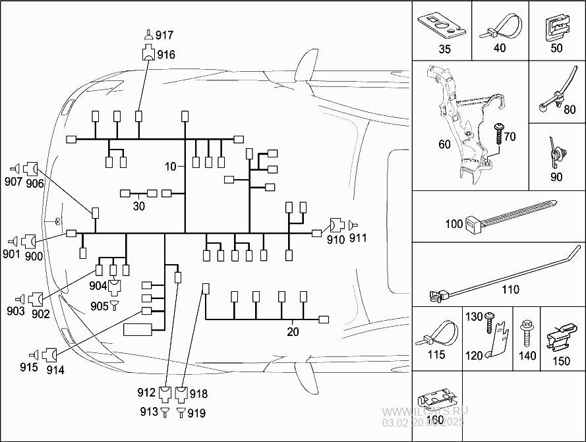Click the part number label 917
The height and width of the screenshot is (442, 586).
click(x=165, y=35)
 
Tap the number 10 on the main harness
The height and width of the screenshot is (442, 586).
click(x=171, y=167)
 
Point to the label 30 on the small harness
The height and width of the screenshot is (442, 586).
click(x=138, y=206)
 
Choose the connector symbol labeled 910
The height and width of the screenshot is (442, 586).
click(x=337, y=227)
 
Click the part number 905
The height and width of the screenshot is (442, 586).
click(x=100, y=306)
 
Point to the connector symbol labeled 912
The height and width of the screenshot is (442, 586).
click(x=164, y=395)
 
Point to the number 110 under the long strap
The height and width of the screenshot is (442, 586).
click(x=510, y=289)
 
